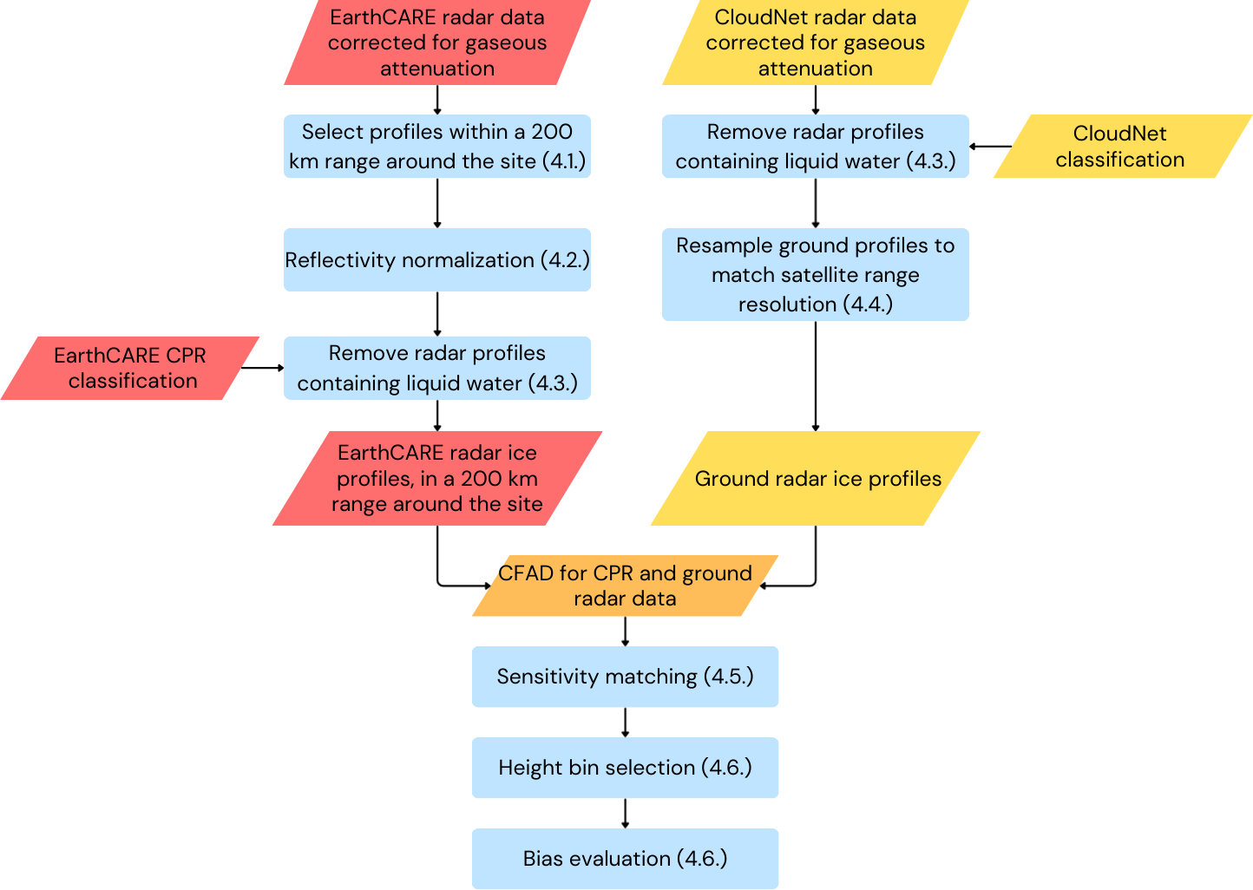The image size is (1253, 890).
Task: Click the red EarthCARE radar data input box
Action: [437, 43]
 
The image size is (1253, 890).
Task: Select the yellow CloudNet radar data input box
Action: [816, 43]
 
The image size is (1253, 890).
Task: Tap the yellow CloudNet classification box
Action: [1123, 147]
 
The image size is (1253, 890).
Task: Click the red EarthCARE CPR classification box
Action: [130, 368]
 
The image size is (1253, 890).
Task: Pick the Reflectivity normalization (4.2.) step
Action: [437, 260]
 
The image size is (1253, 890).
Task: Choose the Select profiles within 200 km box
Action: [437, 147]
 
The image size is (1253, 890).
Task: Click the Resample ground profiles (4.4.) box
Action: [816, 274]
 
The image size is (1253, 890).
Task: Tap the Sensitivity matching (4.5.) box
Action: [626, 677]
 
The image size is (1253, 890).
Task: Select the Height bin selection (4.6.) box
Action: [626, 768]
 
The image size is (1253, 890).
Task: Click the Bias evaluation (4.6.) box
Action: [626, 859]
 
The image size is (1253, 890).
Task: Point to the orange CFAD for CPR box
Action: [626, 586]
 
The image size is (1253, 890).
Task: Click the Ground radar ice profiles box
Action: [816, 479]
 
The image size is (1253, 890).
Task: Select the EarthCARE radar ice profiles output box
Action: [437, 479]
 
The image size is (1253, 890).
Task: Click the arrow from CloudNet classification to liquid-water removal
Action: [990, 147]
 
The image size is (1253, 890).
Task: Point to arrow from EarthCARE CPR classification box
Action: [262, 368]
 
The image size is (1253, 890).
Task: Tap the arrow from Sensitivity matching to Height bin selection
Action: [626, 723]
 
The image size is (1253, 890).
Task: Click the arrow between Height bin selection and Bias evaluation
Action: [626, 814]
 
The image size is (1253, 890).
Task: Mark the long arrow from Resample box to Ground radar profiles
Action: [816, 376]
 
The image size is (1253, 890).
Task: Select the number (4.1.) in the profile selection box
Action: [564, 161]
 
